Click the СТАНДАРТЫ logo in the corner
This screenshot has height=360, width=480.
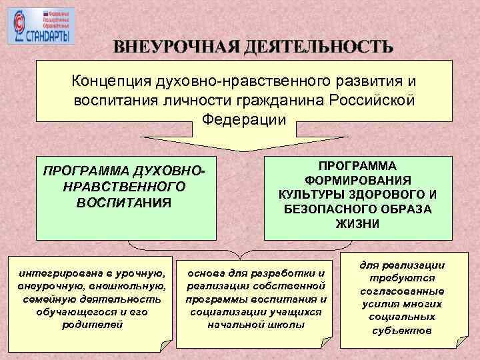(x=41, y=27)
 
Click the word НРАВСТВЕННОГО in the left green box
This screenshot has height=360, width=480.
(x=124, y=186)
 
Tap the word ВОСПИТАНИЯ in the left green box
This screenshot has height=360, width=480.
(x=124, y=201)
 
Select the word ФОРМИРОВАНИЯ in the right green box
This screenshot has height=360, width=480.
(x=358, y=180)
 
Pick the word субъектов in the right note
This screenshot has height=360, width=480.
(x=402, y=330)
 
